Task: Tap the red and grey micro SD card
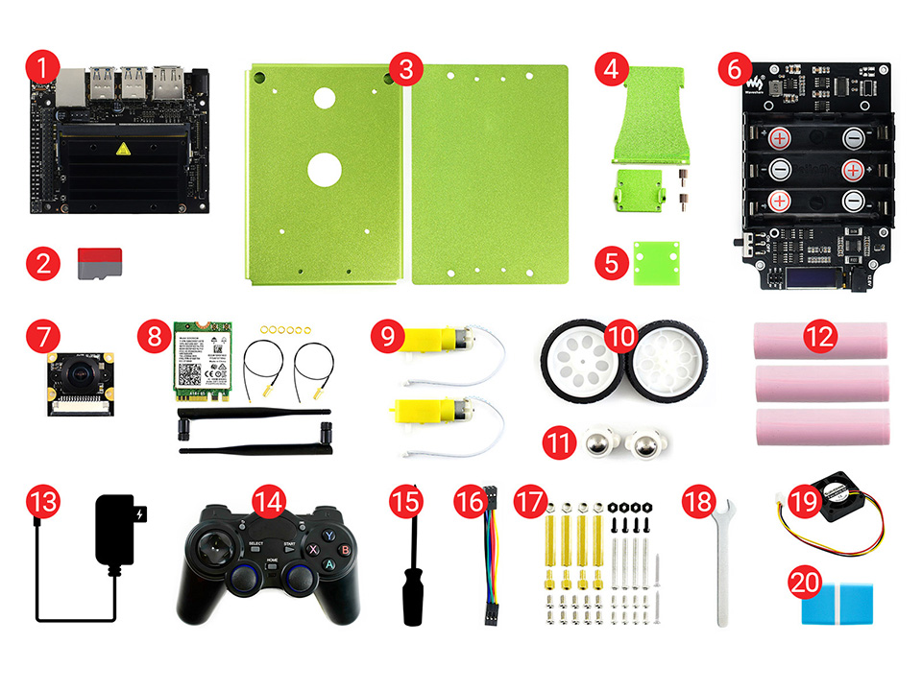click(100, 262)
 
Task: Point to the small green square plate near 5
click(656, 263)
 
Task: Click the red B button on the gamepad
click(343, 550)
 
